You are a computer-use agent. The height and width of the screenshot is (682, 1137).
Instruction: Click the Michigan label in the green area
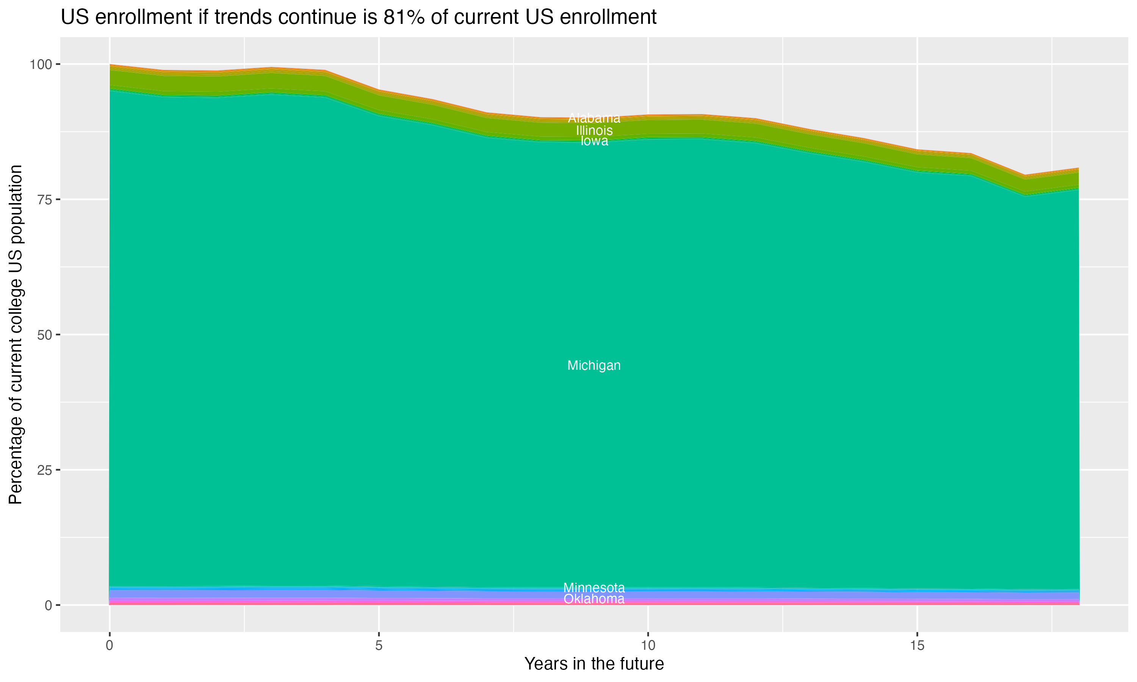coord(594,365)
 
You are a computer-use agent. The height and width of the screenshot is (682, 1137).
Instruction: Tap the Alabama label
coord(594,118)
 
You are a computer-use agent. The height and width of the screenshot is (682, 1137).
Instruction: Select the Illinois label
coord(594,130)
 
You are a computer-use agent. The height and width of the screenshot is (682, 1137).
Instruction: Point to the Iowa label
coord(594,141)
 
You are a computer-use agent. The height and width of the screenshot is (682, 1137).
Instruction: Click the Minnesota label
coord(594,587)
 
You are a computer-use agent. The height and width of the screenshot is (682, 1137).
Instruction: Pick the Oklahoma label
coord(594,599)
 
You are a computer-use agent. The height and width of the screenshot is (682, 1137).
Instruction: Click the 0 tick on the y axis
coord(48,605)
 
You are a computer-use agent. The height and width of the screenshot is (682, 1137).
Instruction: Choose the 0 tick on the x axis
coord(110,646)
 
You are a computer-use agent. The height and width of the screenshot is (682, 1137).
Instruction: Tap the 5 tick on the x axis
coord(379,646)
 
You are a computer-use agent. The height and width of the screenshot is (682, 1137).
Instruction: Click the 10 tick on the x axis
coord(648,646)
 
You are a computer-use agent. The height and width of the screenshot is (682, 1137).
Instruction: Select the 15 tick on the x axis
coord(917,646)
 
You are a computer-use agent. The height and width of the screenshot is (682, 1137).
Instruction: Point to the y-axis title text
coord(16,335)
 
